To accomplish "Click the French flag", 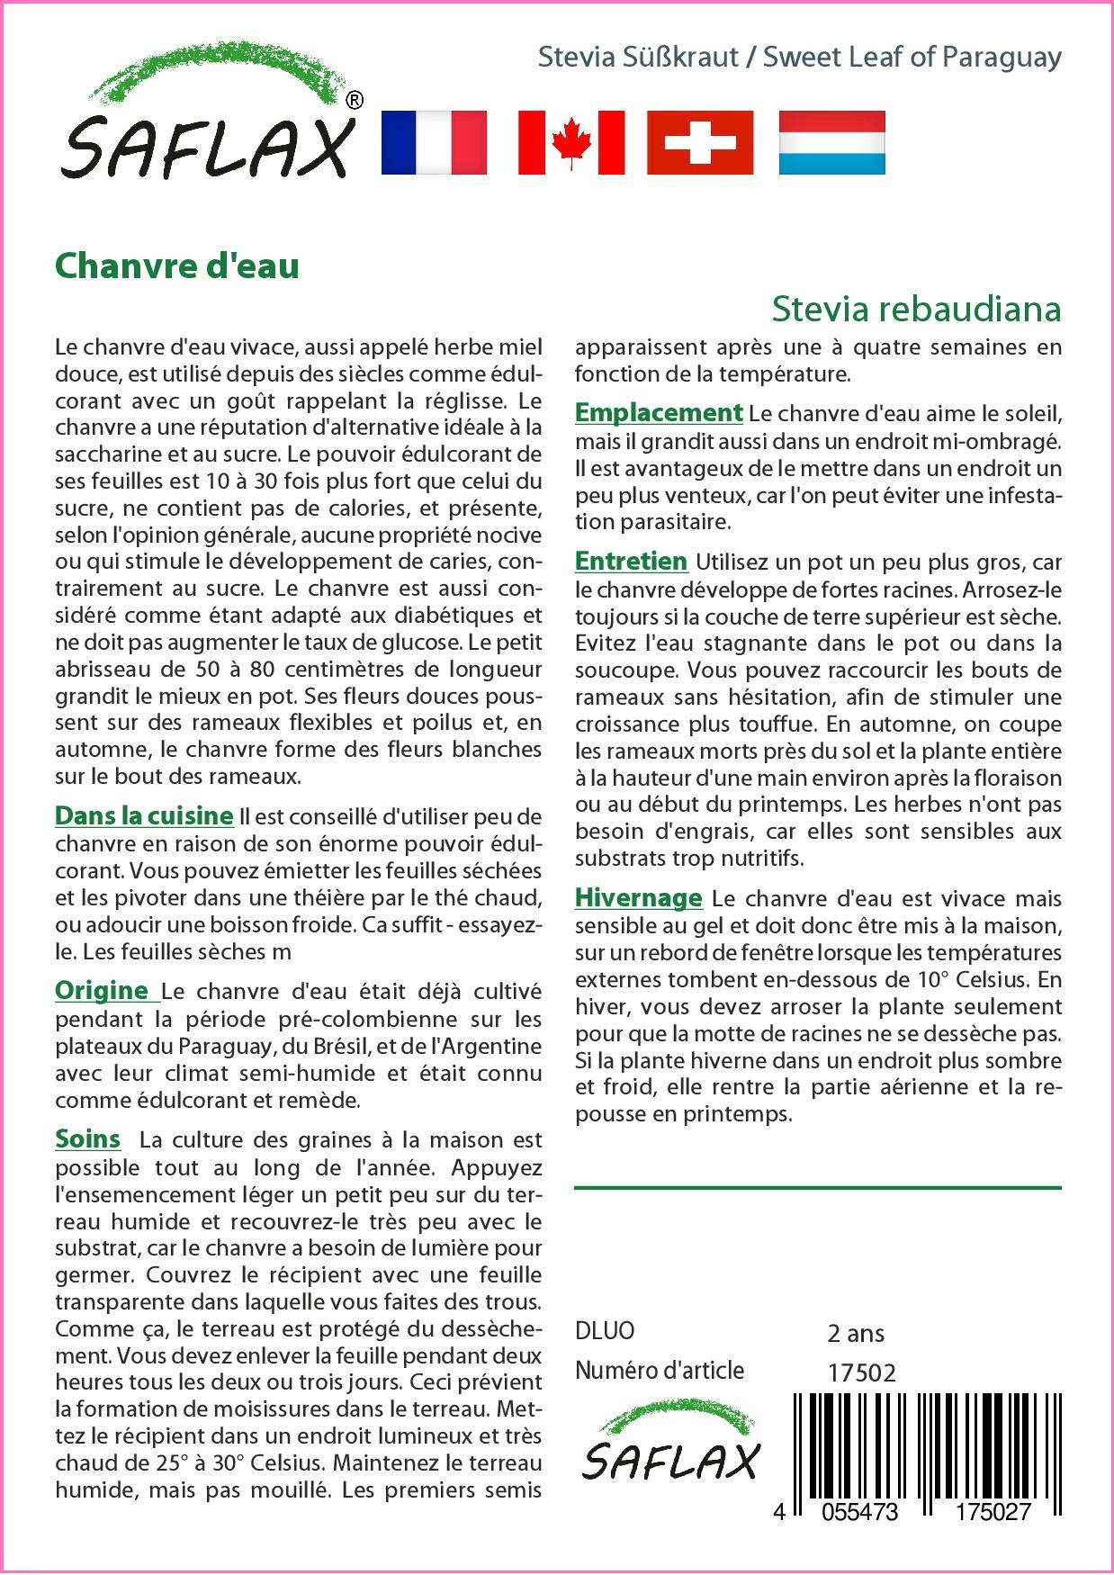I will click(434, 142).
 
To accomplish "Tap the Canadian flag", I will click(571, 142).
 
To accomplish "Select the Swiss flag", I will click(700, 142).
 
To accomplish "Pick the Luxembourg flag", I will click(831, 142).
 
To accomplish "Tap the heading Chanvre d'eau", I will click(177, 266).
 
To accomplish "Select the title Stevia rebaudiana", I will click(916, 309).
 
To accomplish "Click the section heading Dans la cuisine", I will click(144, 815).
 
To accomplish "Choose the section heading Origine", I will click(103, 990).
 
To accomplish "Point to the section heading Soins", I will click(87, 1138).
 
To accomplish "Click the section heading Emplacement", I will click(659, 412).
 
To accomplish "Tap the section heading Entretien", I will click(631, 561).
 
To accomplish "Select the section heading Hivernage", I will click(638, 897).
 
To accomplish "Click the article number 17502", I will click(860, 1372).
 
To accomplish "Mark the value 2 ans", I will click(855, 1333).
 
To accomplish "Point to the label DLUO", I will click(605, 1330).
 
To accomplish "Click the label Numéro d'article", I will click(660, 1371).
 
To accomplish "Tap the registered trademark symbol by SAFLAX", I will click(355, 101).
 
